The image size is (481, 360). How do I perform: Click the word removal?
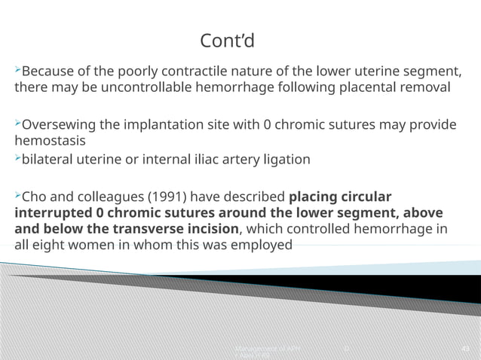point(427,87)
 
